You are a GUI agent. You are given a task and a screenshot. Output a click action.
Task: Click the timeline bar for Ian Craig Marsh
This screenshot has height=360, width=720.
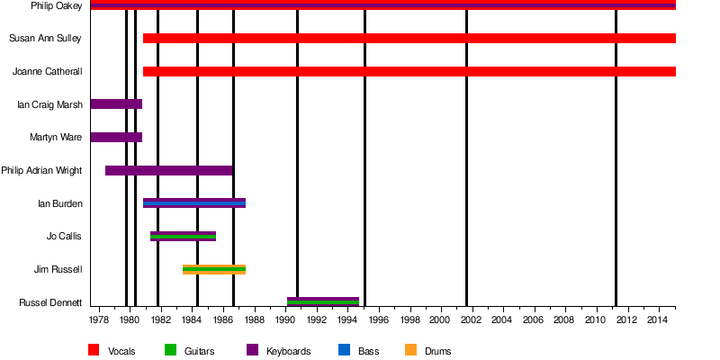[x=116, y=104]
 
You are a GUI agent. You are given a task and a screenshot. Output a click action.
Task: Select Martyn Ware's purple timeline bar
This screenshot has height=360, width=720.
[x=116, y=137]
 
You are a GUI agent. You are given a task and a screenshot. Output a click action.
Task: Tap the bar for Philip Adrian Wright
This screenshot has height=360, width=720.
[x=168, y=170]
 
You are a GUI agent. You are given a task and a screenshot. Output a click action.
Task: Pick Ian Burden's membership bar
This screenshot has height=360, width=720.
[x=193, y=203]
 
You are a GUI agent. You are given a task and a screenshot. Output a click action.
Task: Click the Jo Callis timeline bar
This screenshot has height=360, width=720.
[x=183, y=236]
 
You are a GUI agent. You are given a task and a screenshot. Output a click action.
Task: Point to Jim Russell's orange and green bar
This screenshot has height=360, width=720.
[x=213, y=269]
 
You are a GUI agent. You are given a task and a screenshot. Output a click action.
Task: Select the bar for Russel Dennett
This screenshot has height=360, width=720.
[x=322, y=301]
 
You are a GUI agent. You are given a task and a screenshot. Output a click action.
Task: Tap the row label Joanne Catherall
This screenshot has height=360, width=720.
[x=48, y=72]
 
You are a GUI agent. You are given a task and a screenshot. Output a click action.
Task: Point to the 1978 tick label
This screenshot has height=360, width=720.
[x=99, y=319]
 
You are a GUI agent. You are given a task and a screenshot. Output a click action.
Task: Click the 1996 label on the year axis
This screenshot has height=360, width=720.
[x=379, y=319]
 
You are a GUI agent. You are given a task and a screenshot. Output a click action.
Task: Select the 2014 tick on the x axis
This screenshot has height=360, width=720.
[x=658, y=319]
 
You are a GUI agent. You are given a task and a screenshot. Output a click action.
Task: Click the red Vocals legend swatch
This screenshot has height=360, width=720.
[x=94, y=350]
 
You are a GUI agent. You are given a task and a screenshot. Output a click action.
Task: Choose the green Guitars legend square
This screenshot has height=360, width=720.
[x=170, y=350]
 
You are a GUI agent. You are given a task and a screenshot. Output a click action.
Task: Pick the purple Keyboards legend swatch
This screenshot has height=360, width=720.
[x=252, y=350]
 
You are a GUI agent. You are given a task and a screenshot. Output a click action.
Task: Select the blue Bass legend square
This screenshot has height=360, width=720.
[x=343, y=350]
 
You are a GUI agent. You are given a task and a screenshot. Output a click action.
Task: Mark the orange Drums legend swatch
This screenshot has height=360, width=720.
[x=410, y=350]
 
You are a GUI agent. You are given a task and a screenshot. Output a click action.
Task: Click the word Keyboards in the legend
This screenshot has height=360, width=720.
[x=288, y=351]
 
